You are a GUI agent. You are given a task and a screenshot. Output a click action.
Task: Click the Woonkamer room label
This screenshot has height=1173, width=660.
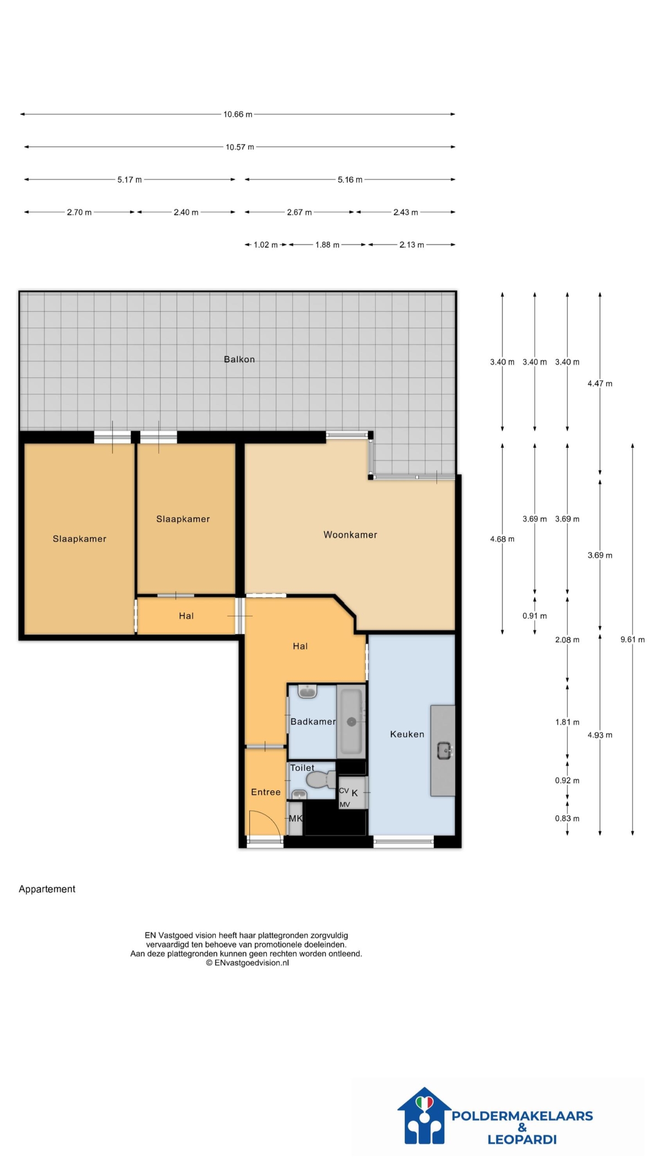click(350, 535)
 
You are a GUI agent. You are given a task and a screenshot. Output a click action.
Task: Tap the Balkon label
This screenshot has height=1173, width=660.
click(239, 359)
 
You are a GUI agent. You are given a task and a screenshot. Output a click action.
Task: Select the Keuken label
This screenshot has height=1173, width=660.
click(407, 734)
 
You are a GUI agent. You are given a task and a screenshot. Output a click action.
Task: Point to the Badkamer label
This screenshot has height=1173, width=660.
click(313, 722)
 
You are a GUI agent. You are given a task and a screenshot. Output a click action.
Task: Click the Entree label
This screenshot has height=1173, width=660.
click(266, 792)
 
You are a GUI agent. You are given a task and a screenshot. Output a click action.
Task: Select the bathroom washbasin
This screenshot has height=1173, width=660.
click(308, 691)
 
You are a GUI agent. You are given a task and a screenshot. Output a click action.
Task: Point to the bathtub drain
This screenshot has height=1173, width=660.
click(352, 722)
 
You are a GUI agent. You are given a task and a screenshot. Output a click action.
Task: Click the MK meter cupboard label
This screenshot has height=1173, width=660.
click(296, 818)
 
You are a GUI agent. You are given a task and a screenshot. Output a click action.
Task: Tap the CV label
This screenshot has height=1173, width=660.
click(344, 790)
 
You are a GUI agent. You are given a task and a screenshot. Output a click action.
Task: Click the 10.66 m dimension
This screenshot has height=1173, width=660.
click(237, 114)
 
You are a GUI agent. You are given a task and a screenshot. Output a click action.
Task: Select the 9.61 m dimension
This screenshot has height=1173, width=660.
click(632, 639)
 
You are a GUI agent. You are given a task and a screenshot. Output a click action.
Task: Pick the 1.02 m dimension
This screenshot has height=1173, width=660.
click(266, 245)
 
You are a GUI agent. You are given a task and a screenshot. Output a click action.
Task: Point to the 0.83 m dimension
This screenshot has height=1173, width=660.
click(567, 818)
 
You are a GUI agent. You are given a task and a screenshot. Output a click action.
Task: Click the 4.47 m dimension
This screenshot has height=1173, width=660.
click(600, 384)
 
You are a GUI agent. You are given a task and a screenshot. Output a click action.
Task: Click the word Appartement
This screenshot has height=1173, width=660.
click(47, 889)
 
